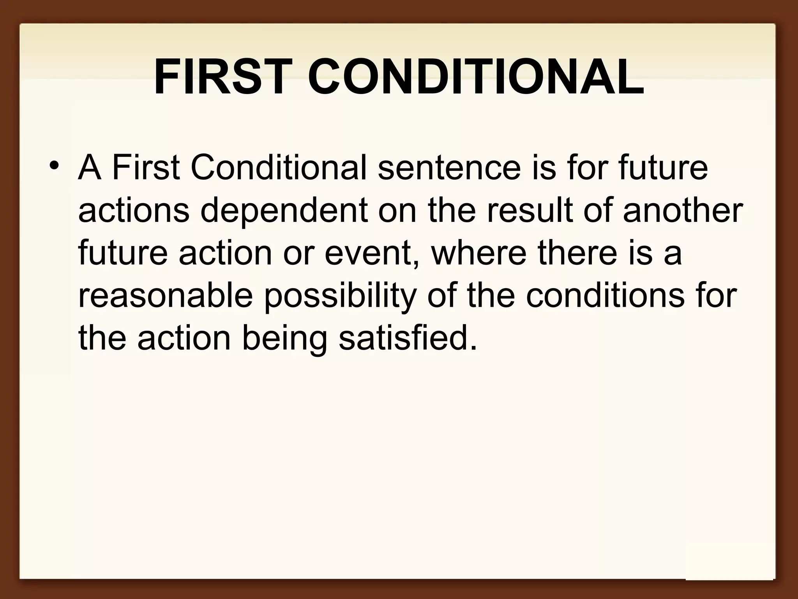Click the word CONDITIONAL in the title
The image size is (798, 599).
pos(476,77)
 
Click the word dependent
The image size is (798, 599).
pos(284,213)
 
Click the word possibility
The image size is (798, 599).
pos(340,297)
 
